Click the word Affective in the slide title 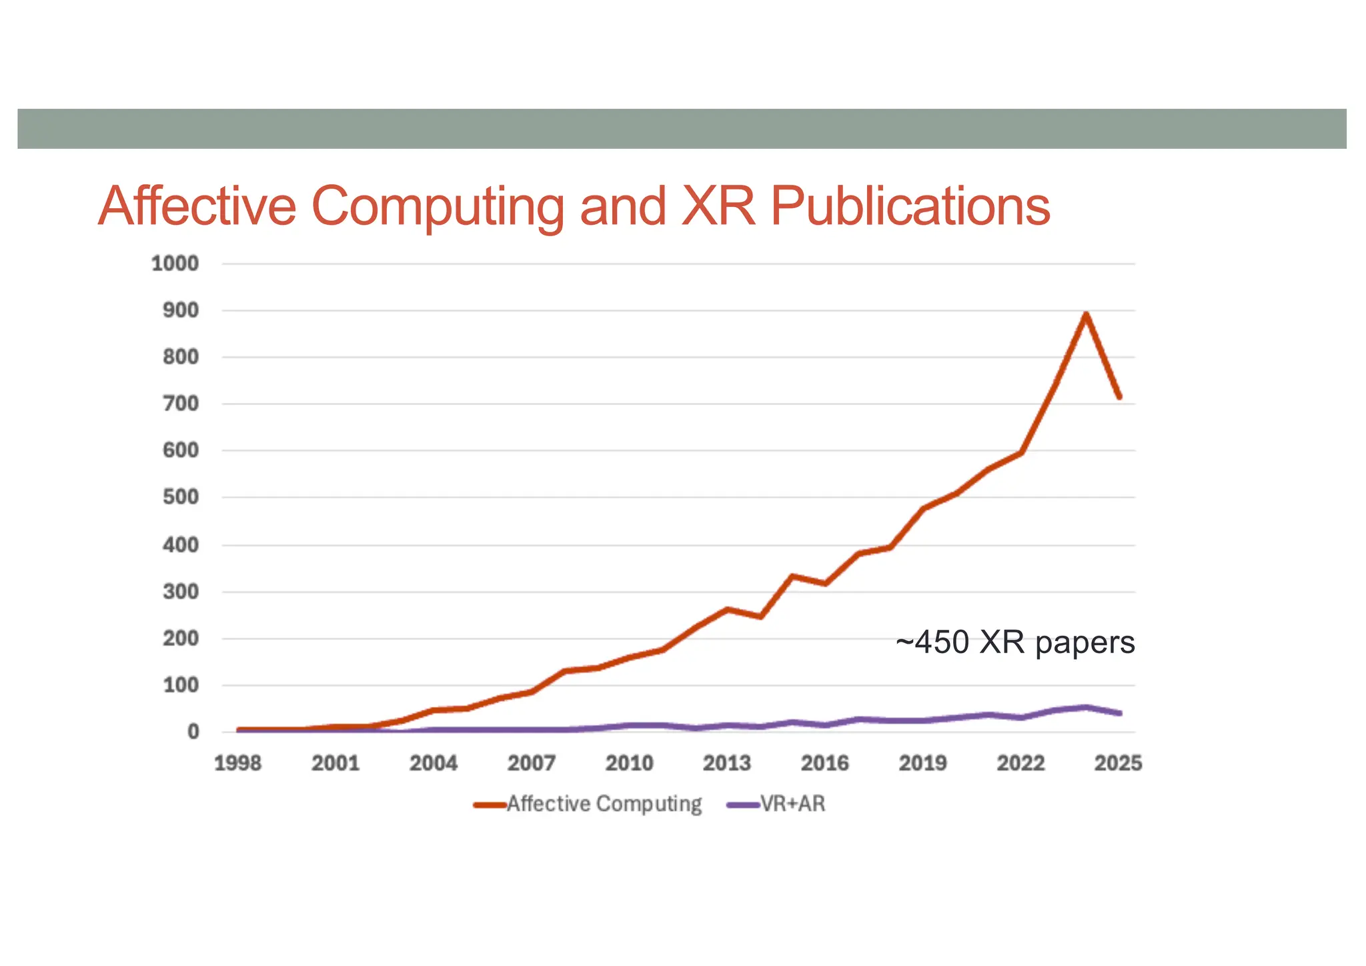tap(197, 206)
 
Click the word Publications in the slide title tap(910, 206)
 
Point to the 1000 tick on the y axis tap(175, 264)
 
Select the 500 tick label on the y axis tap(180, 498)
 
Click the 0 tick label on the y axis tap(193, 733)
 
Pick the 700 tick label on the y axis tap(180, 404)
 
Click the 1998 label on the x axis tap(237, 763)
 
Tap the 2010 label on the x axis tap(629, 763)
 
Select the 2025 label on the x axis tap(1118, 763)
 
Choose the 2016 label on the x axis tap(824, 763)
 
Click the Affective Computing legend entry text tap(604, 805)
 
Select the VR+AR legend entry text tap(793, 805)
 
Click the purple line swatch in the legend tap(742, 805)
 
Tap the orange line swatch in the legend tap(490, 805)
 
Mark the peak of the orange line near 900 tap(1086, 314)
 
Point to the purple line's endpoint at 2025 tap(1119, 713)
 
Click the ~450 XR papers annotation tap(1014, 643)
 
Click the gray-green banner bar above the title tap(682, 129)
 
